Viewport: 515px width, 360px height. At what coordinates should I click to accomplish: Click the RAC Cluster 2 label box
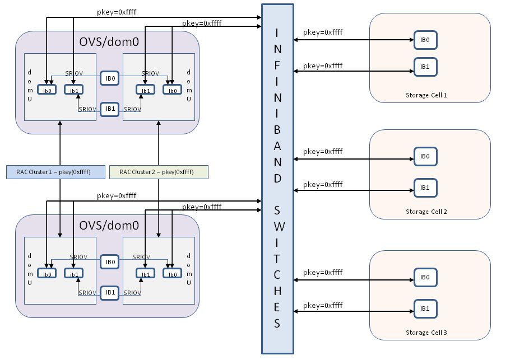(x=159, y=172)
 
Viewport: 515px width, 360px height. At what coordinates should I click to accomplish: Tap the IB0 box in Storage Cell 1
(x=425, y=40)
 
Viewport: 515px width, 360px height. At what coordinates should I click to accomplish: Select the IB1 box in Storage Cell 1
(x=425, y=67)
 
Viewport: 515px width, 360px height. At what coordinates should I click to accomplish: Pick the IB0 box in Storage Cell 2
(x=425, y=156)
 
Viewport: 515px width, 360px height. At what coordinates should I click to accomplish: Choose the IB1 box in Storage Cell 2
(x=425, y=187)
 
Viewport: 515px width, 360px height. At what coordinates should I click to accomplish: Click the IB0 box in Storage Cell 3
(x=425, y=277)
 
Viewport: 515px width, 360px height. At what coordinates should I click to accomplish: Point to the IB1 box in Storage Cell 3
(x=425, y=308)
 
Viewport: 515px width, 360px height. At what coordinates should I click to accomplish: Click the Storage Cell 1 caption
(x=426, y=95)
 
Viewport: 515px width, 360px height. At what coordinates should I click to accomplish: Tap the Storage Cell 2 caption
(x=426, y=212)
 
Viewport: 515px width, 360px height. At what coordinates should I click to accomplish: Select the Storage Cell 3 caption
(x=426, y=333)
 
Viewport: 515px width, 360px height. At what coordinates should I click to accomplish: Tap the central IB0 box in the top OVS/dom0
(x=110, y=79)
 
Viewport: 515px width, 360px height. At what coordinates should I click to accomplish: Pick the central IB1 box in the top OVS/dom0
(x=110, y=109)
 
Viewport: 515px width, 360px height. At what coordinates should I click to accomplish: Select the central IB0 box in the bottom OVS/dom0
(x=110, y=261)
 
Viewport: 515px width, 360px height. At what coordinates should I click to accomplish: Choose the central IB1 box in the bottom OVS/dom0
(x=110, y=292)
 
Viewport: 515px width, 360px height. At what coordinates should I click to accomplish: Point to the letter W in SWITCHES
(x=277, y=226)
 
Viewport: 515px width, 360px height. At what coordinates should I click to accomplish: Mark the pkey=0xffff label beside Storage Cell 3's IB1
(x=323, y=306)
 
